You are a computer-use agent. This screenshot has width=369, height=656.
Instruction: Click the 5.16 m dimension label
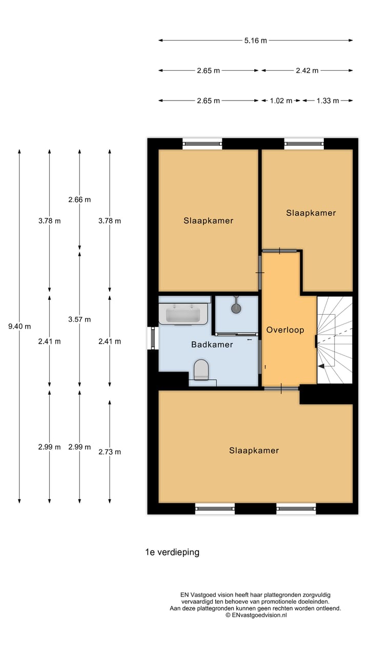coord(255,40)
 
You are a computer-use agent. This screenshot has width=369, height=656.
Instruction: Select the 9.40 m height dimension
coord(19,326)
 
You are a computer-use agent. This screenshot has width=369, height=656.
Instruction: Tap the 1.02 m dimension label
coord(281,101)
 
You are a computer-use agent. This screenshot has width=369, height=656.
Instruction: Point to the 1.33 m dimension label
coord(327,101)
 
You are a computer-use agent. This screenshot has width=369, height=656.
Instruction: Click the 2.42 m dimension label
coord(307,71)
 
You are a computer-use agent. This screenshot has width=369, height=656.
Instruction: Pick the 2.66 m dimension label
coord(79,199)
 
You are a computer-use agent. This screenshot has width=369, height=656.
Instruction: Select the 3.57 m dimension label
coord(79,319)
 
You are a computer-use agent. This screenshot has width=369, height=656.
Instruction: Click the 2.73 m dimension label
coord(110,452)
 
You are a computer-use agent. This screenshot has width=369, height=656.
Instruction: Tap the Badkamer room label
coord(212,344)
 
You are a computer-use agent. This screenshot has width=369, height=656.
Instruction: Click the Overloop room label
coord(285,330)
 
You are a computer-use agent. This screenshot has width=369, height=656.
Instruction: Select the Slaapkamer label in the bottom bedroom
coord(254,450)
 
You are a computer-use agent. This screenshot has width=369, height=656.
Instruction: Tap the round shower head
coord(236,308)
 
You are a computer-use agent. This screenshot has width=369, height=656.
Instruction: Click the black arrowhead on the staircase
coord(321,366)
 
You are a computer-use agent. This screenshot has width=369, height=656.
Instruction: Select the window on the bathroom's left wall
coord(152,338)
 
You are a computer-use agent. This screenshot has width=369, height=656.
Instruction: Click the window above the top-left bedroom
coord(202,143)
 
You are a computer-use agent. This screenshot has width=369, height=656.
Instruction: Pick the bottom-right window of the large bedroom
coord(296,508)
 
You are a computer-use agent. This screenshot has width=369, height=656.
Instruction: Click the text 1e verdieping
coord(172,552)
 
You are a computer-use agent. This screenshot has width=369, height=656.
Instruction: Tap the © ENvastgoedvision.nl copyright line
coord(255,615)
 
